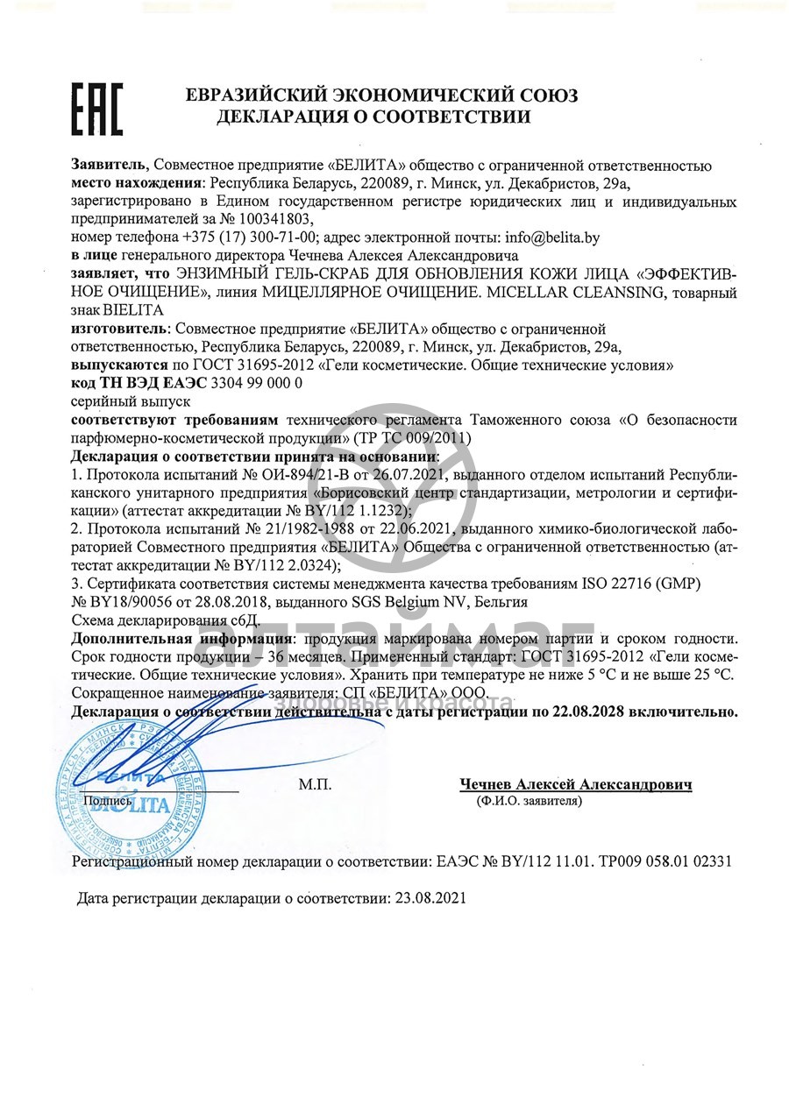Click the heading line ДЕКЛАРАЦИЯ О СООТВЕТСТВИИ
pos(373,117)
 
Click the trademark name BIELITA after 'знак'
pos(133,309)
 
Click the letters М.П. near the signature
pos(315,785)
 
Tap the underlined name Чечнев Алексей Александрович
pos(576,784)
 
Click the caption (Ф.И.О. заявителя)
pos(529,801)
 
